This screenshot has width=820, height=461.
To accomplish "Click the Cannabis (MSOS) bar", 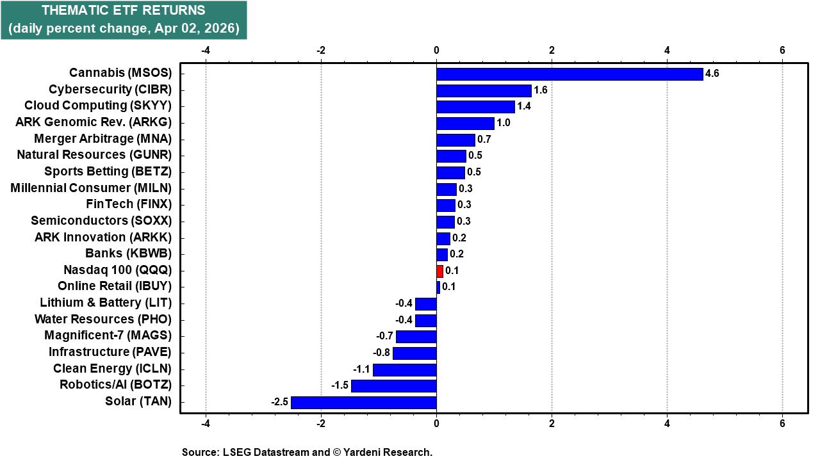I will [x=570, y=74].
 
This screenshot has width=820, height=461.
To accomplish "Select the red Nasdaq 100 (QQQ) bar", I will [x=439, y=271].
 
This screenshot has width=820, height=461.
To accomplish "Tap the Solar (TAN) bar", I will [x=363, y=402].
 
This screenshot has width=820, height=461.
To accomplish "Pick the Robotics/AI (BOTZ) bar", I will [x=393, y=385].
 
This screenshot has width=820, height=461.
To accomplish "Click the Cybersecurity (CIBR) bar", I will [x=484, y=90].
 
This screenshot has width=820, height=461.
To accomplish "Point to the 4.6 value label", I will [x=712, y=74].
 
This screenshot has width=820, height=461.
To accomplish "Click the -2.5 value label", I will [x=279, y=402].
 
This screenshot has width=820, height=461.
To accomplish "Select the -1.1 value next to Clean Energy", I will [x=361, y=369].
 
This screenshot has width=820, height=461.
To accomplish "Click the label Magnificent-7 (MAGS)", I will [x=108, y=336].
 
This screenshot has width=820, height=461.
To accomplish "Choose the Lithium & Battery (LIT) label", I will [x=106, y=303].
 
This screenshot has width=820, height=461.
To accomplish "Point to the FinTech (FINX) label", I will [x=129, y=204].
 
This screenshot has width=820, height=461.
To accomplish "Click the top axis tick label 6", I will [x=782, y=51].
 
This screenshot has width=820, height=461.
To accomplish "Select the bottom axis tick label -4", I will [x=206, y=423].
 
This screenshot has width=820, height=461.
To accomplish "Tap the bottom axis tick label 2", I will [x=552, y=423].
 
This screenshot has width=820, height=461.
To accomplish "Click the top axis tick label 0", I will [x=436, y=51].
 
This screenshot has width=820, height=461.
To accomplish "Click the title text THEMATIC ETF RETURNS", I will [x=124, y=11].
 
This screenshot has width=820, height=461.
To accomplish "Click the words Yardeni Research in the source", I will [x=387, y=452].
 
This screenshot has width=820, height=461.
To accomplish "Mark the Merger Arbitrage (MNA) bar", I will [x=455, y=140].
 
